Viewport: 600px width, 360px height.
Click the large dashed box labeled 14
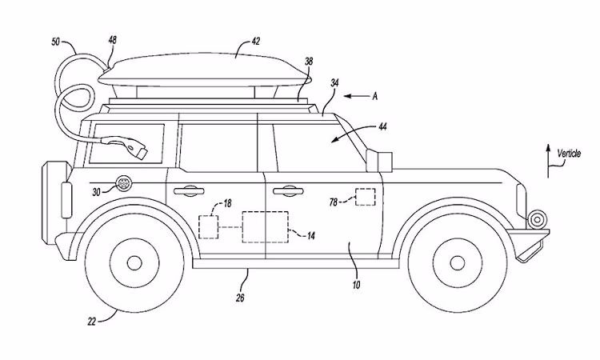pyautogui.click(x=264, y=226)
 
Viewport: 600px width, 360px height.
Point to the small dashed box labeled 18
pyautogui.click(x=208, y=226)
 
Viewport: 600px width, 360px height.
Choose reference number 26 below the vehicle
pyautogui.click(x=241, y=298)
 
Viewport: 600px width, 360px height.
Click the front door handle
pyautogui.click(x=286, y=190)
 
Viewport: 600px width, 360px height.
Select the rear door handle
pyautogui.click(x=186, y=190)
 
